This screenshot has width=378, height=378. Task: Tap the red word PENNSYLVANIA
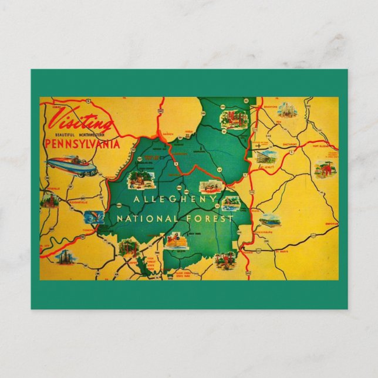tap(83, 144)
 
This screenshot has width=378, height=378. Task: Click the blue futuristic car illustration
tap(72, 166)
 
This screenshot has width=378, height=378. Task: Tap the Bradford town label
tap(270, 108)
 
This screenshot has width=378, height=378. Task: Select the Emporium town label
tap(330, 224)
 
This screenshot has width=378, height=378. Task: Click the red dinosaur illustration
tap(322, 169)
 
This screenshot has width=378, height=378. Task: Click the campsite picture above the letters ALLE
tap(138, 179)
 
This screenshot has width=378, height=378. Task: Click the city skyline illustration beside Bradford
tap(287, 110)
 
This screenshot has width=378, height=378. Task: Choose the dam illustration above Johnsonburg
tap(269, 221)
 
